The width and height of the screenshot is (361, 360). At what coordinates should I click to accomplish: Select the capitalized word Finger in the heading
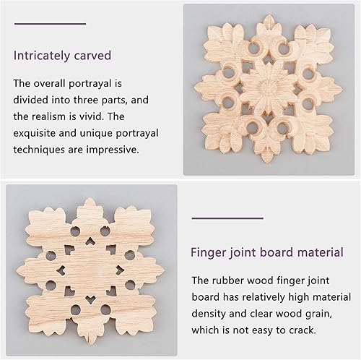[210, 253]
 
